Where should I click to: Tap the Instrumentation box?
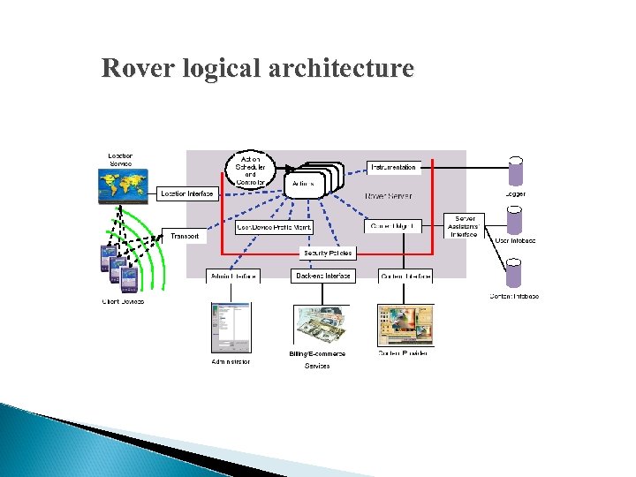pyautogui.click(x=393, y=167)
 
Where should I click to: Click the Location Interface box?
pyautogui.click(x=188, y=193)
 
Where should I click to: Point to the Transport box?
pyautogui.click(x=185, y=236)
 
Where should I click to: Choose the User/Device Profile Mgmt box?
pyautogui.click(x=274, y=227)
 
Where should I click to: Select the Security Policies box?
pyautogui.click(x=328, y=253)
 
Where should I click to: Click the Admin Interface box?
pyautogui.click(x=232, y=276)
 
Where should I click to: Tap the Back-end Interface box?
pyautogui.click(x=322, y=276)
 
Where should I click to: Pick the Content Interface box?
pyautogui.click(x=405, y=276)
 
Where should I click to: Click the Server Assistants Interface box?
pyautogui.click(x=465, y=226)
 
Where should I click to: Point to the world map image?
pyautogui.click(x=123, y=186)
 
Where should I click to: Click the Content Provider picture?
pyautogui.click(x=405, y=325)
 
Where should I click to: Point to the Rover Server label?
pyautogui.click(x=388, y=195)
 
